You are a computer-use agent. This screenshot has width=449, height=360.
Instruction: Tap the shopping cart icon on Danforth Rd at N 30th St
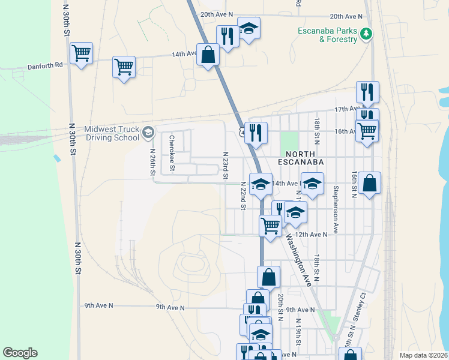click(x=81, y=53)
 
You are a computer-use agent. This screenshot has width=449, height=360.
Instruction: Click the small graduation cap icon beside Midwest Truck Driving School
click(x=149, y=131)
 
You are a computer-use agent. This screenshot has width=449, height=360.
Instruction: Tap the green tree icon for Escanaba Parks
click(x=366, y=35)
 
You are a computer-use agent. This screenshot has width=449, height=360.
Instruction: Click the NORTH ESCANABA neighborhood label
click(x=301, y=162)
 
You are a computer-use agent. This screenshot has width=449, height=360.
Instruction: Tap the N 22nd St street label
click(x=243, y=196)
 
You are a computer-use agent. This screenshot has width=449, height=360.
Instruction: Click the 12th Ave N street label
click(x=311, y=235)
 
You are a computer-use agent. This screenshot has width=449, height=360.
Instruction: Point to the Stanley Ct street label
click(x=363, y=307)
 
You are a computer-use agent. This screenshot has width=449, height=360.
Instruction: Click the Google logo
click(x=20, y=353)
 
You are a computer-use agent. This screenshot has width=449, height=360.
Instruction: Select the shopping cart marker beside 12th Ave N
click(x=271, y=226)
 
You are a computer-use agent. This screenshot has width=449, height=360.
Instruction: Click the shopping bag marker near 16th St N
click(x=370, y=183)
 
